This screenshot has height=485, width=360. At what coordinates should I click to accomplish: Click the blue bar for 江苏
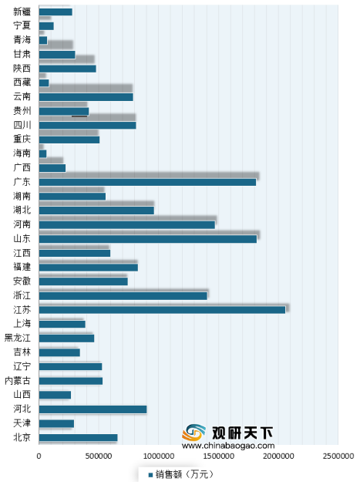point(162,310)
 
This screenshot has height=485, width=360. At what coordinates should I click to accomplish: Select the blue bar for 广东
point(147,182)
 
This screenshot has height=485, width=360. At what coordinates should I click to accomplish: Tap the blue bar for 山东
point(148,239)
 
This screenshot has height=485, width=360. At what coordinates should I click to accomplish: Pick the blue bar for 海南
point(42,153)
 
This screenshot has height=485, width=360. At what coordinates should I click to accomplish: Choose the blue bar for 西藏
point(44,83)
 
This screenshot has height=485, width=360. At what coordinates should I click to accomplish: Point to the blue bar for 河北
point(93,409)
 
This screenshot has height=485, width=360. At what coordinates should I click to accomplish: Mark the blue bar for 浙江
point(123,296)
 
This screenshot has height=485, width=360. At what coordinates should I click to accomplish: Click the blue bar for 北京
point(79,438)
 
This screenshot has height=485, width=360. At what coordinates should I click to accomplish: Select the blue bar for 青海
point(43,40)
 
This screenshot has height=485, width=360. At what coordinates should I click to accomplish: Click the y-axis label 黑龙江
point(18,338)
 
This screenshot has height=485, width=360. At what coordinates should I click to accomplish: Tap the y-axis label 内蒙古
point(18,380)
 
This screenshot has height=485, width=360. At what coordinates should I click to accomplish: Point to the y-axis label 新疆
point(22,12)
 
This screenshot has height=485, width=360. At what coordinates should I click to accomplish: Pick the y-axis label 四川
point(22,125)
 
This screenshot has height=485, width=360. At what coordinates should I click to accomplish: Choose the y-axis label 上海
point(22,324)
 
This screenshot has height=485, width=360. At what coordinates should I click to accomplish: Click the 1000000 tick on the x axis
point(159,456)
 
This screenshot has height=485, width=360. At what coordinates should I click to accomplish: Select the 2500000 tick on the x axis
point(338,456)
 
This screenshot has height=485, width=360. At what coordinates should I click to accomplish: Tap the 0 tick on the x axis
point(39,456)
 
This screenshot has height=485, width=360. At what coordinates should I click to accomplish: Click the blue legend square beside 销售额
point(150,475)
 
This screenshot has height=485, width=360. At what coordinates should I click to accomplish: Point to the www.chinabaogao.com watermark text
point(228,446)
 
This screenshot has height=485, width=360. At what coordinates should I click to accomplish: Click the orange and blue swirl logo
point(193,432)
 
